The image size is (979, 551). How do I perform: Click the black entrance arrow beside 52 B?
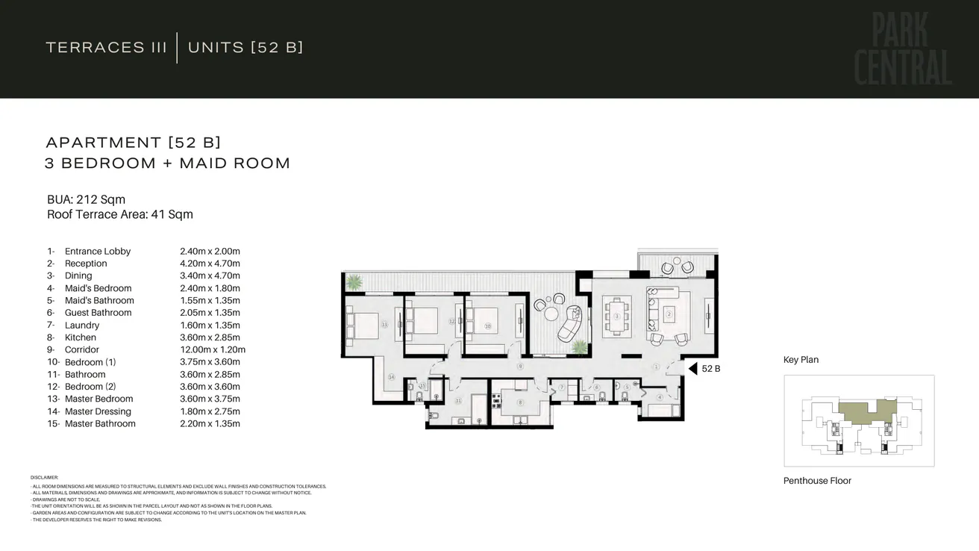pos(692,369)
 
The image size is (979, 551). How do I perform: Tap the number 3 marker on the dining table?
pos(617,316)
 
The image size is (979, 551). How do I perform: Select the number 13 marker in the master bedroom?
pos(384,325)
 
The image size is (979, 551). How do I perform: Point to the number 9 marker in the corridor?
pos(520,367)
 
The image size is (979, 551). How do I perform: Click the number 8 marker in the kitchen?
pos(520,402)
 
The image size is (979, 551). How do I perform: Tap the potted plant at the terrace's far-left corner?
pos(354,282)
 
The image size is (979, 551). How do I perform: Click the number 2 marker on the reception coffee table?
pos(669,314)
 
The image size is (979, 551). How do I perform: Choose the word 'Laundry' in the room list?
pos(82,326)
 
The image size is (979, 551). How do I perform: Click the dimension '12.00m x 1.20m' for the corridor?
pos(213,350)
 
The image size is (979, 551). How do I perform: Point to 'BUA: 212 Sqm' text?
pos(86,199)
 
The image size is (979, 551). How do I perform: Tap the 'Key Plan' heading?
pos(801,360)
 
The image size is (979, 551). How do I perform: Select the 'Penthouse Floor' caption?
pos(817,481)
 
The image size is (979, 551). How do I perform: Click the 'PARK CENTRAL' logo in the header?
pos(903,49)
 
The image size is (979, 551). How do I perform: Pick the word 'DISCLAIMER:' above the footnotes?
pos(44,477)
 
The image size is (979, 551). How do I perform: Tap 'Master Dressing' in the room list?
pos(98,411)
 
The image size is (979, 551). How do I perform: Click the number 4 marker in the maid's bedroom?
pos(660,397)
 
